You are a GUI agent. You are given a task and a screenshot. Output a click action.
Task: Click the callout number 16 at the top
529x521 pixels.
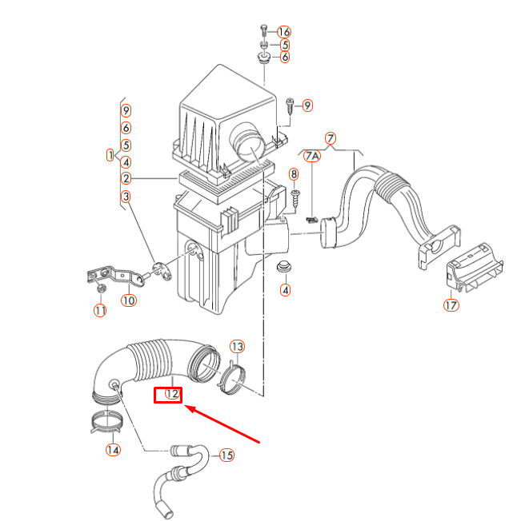tap(284, 31)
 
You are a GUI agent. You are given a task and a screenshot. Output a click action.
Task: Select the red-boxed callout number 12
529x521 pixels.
tap(169, 394)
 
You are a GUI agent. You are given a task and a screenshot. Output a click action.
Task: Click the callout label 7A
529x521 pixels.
tap(311, 155)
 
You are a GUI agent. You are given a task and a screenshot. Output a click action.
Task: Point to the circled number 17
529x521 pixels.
tap(451, 305)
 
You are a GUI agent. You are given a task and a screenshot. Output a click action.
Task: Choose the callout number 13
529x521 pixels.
tap(237, 346)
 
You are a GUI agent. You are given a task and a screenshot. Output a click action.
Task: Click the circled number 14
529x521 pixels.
tap(113, 450)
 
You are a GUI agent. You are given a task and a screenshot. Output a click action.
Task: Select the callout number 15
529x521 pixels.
tap(226, 455)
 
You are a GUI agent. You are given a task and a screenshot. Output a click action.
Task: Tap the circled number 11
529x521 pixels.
tap(100, 310)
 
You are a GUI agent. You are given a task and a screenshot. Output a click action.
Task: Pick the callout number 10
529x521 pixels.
tap(129, 301)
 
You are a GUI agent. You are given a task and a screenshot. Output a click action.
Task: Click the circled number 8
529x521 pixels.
tap(294, 174)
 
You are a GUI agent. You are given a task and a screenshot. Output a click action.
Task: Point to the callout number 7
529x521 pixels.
tap(331, 137)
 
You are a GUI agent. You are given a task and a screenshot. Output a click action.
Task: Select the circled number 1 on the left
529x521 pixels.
tap(110, 154)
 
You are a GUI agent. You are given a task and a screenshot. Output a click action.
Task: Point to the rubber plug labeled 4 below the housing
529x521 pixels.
tap(284, 265)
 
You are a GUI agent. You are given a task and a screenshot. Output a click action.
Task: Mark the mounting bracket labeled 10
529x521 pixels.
tap(112, 276)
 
